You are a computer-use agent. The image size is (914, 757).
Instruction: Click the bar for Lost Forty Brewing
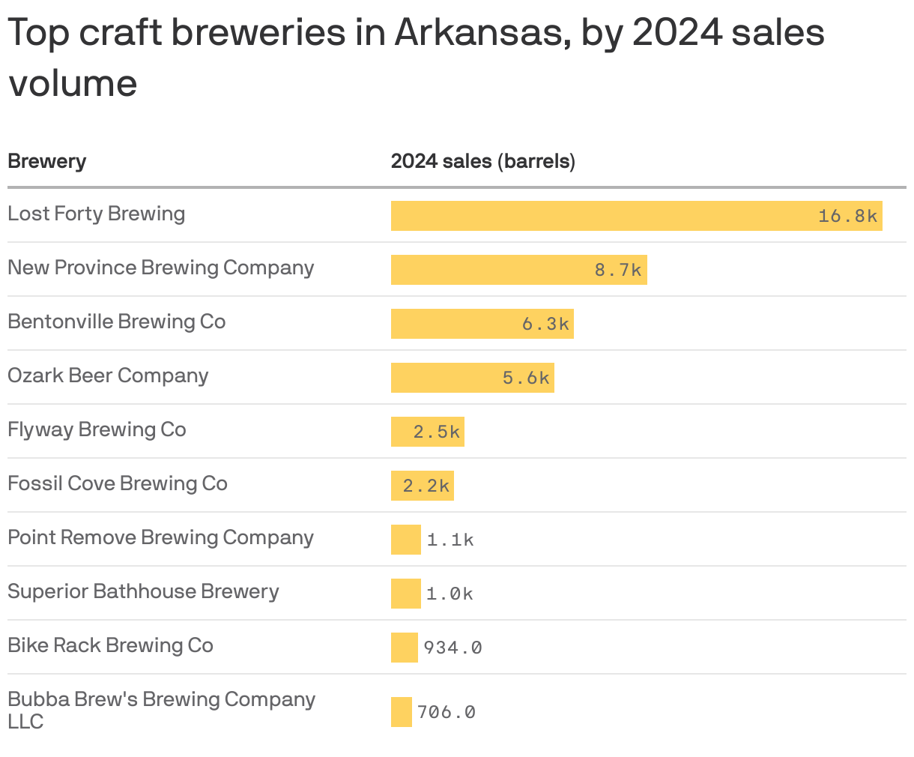[599, 216]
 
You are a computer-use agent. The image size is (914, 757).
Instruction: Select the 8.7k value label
[618, 270]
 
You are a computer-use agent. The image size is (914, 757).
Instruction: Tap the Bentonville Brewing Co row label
[116, 322]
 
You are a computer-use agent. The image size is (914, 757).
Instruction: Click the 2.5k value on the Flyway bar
[437, 432]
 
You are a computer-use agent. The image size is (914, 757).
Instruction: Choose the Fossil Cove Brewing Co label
[118, 483]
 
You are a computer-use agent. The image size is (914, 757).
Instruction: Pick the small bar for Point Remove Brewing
[405, 540]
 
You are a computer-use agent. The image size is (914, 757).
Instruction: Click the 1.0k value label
[450, 594]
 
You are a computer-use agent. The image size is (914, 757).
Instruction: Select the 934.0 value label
[453, 648]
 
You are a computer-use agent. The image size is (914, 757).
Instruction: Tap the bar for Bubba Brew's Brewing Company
[401, 712]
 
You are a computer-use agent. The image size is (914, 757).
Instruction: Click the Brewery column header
[46, 161]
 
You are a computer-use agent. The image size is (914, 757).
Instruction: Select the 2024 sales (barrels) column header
[482, 161]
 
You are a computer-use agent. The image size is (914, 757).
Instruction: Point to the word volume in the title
[73, 82]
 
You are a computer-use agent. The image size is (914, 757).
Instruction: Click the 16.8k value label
[847, 216]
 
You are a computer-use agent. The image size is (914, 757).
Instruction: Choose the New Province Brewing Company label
[160, 268]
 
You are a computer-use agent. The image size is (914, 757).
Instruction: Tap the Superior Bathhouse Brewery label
[143, 591]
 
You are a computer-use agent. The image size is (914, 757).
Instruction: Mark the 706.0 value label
[446, 712]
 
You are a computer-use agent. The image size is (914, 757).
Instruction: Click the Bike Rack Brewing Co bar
[404, 648]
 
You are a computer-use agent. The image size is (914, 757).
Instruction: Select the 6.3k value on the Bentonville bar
[545, 324]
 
